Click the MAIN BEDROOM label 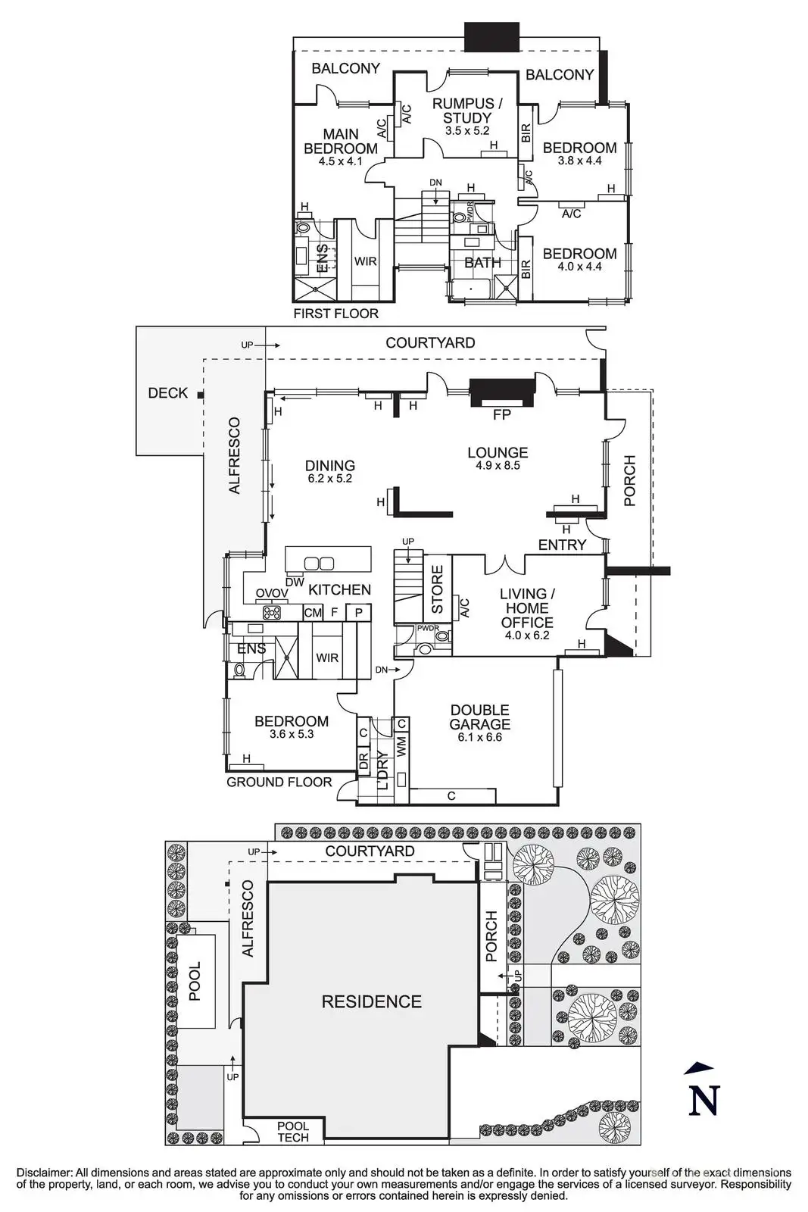click(x=341, y=142)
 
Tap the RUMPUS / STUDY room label click(x=468, y=111)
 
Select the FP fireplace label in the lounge click(x=501, y=414)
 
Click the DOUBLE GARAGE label click(x=480, y=717)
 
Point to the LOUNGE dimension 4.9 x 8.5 click(x=498, y=466)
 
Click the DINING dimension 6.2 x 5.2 click(x=331, y=479)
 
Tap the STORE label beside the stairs click(x=438, y=590)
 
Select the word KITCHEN click(x=339, y=589)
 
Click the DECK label click(x=167, y=392)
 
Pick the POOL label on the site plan click(x=195, y=982)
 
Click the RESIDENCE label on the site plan click(x=371, y=1001)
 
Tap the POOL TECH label click(x=293, y=1132)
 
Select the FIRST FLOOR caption click(x=335, y=313)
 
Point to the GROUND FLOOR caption click(x=279, y=782)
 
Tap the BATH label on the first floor click(x=482, y=263)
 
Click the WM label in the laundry click(x=401, y=745)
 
